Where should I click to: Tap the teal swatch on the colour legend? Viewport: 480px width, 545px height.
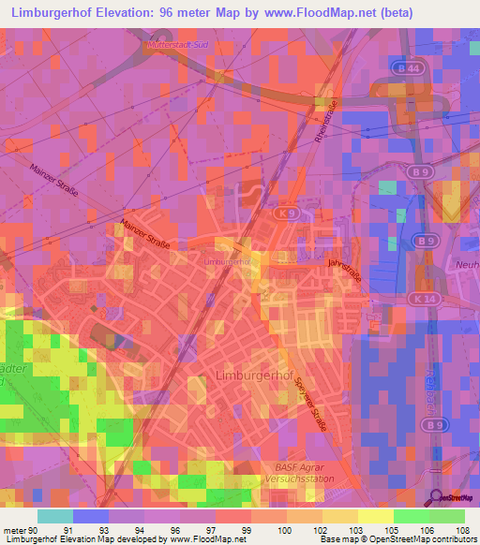55,515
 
